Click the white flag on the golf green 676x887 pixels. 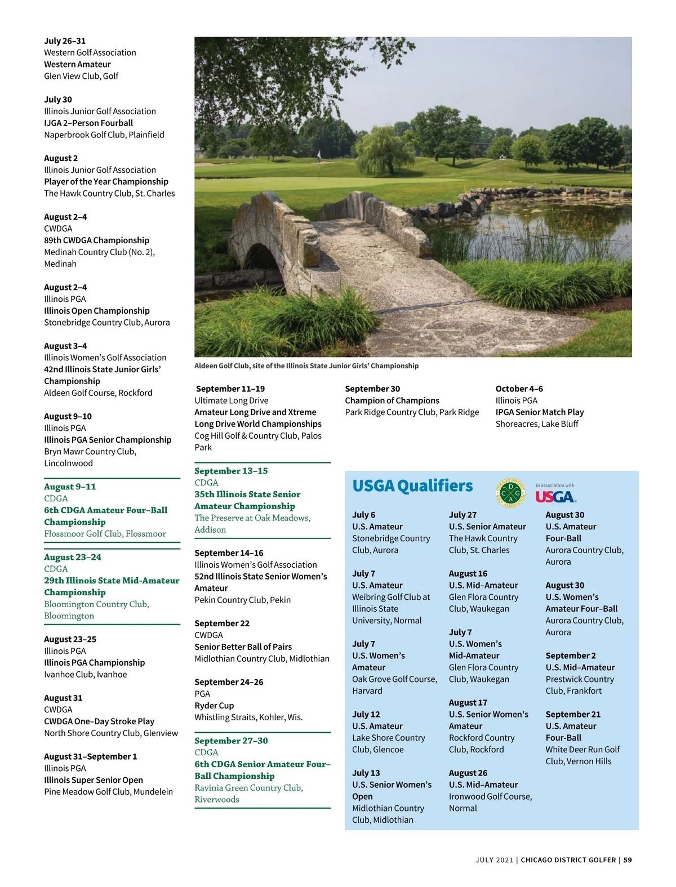pos(319,154)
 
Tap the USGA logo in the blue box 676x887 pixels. pos(555,497)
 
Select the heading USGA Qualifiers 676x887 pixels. pos(412,486)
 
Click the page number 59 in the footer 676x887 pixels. pos(628,860)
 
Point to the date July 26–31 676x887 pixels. pos(65,41)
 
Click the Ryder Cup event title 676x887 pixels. pos(214,706)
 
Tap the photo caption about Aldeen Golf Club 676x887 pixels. pos(306,366)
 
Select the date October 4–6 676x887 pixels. pos(519,389)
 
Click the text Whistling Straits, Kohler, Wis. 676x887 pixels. pos(248,717)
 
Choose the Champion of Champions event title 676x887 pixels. pos(392,401)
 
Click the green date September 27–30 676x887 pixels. pos(231,741)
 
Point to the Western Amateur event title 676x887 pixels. pos(77,65)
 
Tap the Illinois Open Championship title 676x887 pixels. pos(97,311)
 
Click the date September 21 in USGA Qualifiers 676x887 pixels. pos(573,715)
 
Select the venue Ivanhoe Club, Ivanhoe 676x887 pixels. pos(86,675)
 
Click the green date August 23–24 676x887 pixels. pos(73,558)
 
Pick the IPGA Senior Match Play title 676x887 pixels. pos(540,412)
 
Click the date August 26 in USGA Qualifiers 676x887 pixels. pos(468,773)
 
